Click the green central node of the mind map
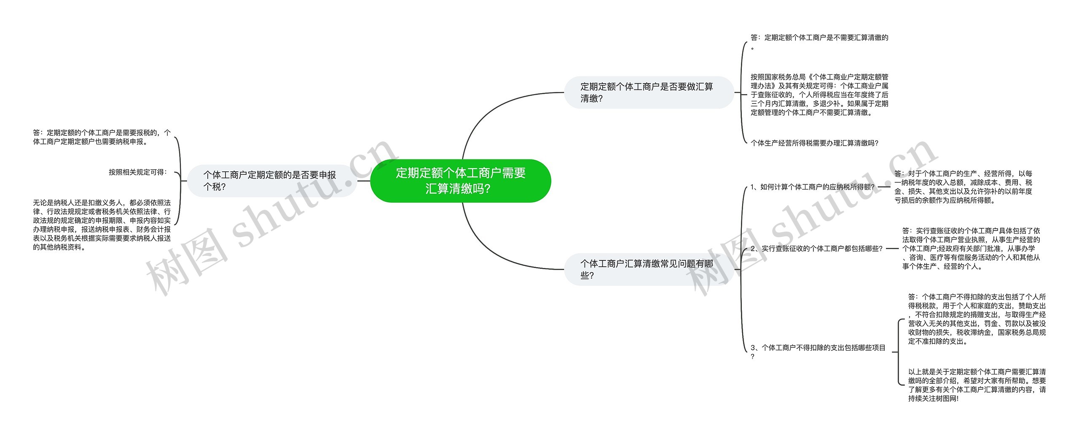461,181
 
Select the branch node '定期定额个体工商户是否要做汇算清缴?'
649,92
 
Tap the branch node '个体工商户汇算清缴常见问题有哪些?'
649,269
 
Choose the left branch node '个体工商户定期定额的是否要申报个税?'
272,181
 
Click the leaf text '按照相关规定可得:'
138,172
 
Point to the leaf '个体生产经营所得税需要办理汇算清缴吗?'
814,143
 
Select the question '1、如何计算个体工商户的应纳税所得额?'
813,187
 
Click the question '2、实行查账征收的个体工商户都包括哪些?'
816,249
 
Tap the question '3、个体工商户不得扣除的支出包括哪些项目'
818,352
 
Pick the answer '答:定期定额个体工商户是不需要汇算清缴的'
819,42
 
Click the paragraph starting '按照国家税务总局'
819,95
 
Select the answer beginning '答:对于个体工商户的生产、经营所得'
964,187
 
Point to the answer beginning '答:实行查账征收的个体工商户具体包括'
971,249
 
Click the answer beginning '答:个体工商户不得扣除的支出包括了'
977,319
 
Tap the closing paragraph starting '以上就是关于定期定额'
977,385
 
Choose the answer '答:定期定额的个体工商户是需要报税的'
102,137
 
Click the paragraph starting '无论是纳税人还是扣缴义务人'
102,225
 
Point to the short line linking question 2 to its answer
892,249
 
